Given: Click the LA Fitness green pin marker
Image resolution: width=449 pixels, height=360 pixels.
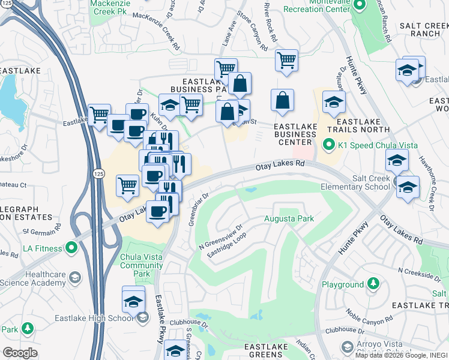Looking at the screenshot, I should [71, 247].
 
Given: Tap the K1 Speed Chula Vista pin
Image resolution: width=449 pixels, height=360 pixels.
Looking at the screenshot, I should [328, 145].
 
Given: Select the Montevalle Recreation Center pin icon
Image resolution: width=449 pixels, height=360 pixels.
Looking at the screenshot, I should [359, 7].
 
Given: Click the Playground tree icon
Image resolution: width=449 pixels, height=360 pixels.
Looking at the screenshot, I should [373, 282].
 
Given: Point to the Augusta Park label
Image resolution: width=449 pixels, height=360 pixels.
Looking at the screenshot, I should [289, 219].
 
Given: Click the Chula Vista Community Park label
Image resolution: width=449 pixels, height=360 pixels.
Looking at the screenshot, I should [143, 265].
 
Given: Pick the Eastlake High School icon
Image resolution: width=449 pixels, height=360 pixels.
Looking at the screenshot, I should [142, 317].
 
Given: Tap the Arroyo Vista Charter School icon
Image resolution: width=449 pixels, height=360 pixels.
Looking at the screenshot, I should [346, 347].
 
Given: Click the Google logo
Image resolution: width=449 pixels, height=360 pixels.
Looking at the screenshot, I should [20, 352].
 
